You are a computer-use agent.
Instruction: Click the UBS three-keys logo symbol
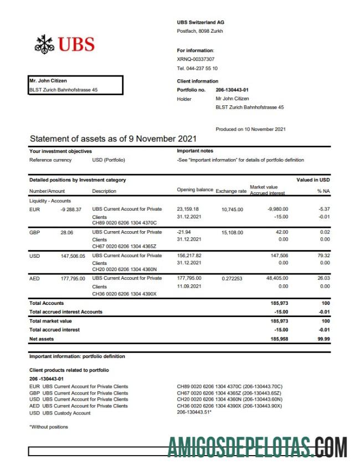click(43, 44)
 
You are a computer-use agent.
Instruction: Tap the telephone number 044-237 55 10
click(197, 68)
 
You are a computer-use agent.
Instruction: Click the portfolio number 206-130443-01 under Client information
click(232, 90)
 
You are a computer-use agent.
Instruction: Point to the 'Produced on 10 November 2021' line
click(250, 129)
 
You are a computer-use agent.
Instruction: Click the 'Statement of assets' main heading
click(113, 139)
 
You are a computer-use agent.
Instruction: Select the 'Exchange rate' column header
click(231, 191)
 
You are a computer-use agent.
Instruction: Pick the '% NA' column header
click(323, 191)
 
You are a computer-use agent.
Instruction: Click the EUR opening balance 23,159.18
click(188, 210)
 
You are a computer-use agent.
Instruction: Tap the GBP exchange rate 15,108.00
click(232, 232)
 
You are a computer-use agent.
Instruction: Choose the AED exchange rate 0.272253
click(232, 278)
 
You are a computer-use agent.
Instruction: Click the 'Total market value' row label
click(50, 321)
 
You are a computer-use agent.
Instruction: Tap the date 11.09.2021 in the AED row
click(189, 286)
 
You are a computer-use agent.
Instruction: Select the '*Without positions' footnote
click(49, 427)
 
